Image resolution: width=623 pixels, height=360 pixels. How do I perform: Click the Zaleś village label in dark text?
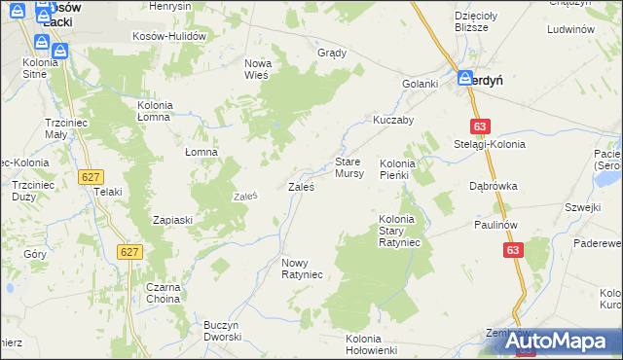coord(300,186)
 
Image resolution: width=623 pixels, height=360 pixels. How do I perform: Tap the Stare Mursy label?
coord(349,166)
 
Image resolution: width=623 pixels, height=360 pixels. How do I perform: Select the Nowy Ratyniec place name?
coord(302,269)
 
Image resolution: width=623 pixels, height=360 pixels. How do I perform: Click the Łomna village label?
coord(201,152)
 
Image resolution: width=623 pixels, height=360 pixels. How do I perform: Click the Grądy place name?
coord(333,53)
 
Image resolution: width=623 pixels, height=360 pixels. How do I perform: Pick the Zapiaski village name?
coord(173,220)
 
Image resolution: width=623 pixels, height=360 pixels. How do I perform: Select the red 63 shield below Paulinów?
coord(515,250)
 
